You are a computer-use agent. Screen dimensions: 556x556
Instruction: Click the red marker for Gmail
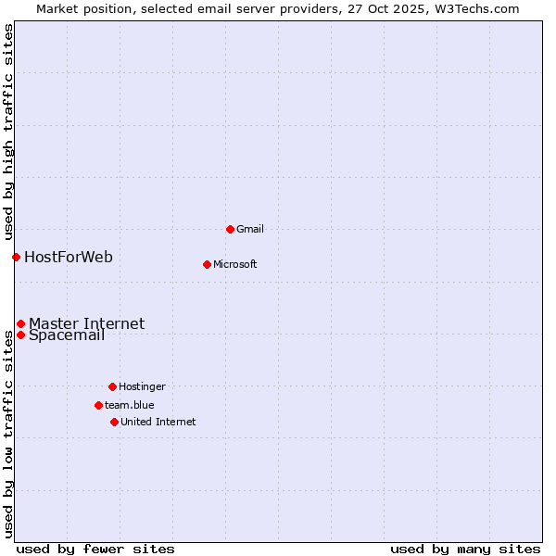point(230,229)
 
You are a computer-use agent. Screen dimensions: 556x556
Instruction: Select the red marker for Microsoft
point(207,264)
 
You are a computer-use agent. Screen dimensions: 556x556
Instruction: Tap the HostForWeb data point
point(16,257)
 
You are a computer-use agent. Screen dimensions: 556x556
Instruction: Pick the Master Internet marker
point(20,323)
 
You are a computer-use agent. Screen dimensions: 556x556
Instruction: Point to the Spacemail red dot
point(20,335)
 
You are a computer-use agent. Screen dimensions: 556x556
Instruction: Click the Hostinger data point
point(112,386)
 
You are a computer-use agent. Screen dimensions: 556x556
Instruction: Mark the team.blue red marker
point(98,405)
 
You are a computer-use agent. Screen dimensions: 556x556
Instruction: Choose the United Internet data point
point(114,422)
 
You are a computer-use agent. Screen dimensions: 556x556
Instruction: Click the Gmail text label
point(250,229)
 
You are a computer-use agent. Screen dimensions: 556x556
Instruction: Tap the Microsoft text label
point(235,264)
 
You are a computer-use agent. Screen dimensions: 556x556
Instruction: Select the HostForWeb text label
point(69,257)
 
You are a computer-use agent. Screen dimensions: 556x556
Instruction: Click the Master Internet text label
point(86,323)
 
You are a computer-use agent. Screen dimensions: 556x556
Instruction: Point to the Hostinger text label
point(142,386)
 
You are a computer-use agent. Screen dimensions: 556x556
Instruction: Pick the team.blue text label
point(130,405)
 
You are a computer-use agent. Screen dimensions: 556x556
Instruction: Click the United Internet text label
point(158,422)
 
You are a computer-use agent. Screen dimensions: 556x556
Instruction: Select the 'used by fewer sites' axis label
point(95,549)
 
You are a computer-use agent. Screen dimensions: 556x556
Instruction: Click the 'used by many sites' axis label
point(465,549)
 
